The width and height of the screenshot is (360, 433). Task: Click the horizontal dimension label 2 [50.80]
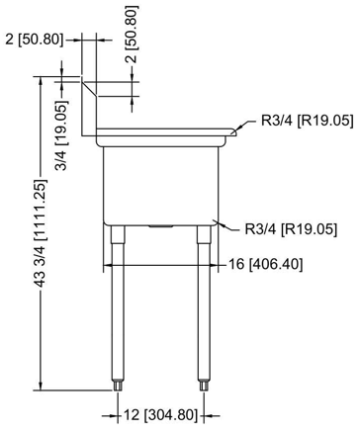pyautogui.click(x=34, y=40)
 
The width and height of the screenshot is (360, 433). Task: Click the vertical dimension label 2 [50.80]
pyautogui.click(x=132, y=34)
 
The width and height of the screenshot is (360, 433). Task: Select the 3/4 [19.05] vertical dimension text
pyautogui.click(x=61, y=134)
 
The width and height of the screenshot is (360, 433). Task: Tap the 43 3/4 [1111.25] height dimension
pyautogui.click(x=41, y=232)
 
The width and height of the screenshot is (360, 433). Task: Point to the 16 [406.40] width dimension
pyautogui.click(x=265, y=264)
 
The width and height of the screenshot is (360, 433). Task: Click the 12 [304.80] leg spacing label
pyautogui.click(x=160, y=415)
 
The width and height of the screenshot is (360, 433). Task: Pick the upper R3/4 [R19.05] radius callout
pyautogui.click(x=308, y=121)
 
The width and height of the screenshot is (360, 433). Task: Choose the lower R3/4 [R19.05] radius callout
pyautogui.click(x=291, y=229)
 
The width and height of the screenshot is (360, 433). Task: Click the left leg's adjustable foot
pyautogui.click(x=118, y=385)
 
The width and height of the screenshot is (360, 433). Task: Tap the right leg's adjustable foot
pyautogui.click(x=204, y=385)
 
